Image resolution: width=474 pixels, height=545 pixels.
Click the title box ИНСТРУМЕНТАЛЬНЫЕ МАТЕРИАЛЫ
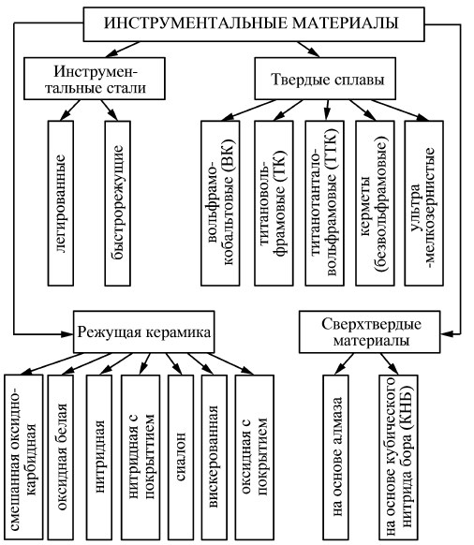click(x=238, y=21)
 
